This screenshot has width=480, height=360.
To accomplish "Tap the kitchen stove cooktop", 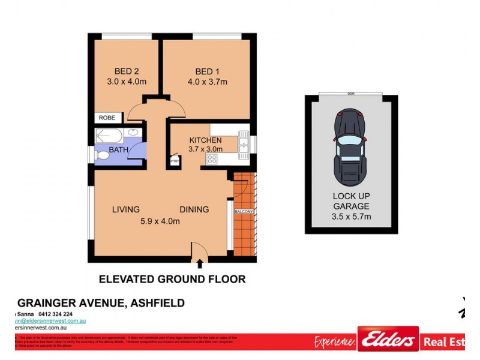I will [x=212, y=159].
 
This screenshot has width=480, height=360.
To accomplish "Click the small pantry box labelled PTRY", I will [x=175, y=161].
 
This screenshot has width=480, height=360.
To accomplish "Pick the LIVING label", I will [x=126, y=209].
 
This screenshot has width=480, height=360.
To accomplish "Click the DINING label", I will [x=194, y=209].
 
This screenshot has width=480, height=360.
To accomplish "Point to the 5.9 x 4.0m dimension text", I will [x=160, y=221].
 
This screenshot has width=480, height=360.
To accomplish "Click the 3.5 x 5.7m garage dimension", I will [x=352, y=216].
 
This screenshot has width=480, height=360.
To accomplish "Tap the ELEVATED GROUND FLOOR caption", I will [x=172, y=279].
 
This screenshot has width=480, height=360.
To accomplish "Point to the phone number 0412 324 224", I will [x=55, y=314].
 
